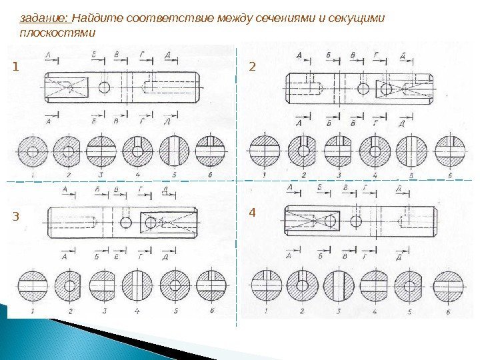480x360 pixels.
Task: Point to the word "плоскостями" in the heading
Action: click(57, 32)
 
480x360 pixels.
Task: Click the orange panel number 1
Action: click(15, 67)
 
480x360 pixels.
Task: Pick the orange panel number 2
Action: click(252, 66)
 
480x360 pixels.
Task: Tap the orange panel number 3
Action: click(15, 216)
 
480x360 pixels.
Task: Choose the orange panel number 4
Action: click(252, 213)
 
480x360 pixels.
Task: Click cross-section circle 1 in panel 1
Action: click(32, 151)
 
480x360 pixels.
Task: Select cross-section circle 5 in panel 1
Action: click(173, 151)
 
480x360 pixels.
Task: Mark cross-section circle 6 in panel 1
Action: click(210, 151)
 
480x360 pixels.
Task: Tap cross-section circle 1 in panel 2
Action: click(264, 153)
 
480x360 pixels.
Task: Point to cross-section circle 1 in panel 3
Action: click(33, 285)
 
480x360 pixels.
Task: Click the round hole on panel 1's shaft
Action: click(105, 87)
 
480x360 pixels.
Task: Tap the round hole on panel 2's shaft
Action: click(363, 88)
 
